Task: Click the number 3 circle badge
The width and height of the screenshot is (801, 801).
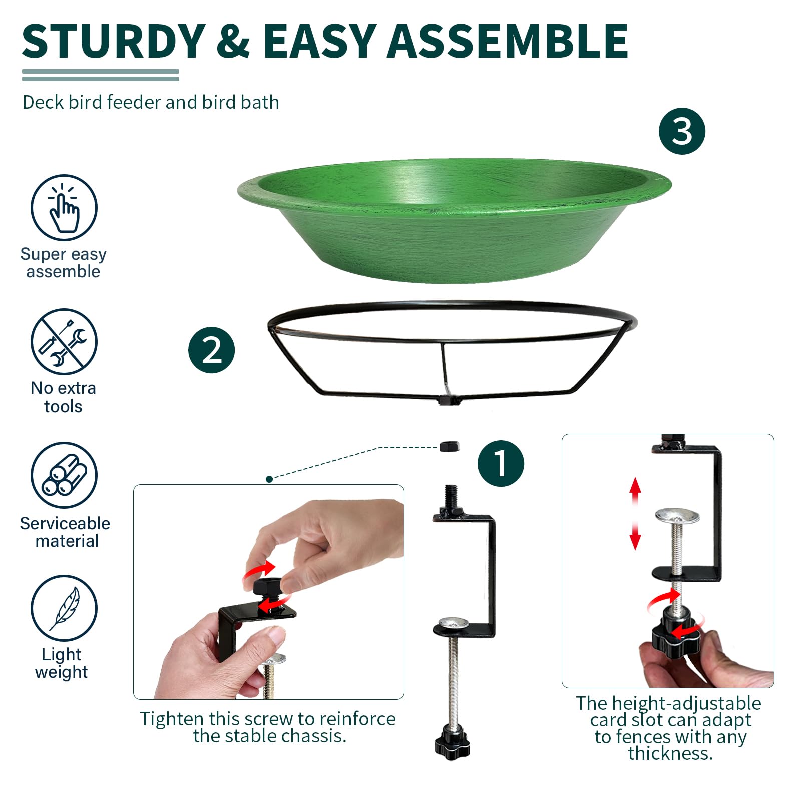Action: click(x=682, y=131)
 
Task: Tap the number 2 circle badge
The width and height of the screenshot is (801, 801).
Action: click(x=211, y=350)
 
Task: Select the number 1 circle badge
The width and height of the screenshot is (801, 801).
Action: click(x=501, y=463)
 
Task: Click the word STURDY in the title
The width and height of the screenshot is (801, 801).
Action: click(x=114, y=41)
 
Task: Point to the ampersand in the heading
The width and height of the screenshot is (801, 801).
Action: click(x=233, y=41)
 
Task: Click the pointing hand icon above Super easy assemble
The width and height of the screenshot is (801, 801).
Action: click(x=64, y=207)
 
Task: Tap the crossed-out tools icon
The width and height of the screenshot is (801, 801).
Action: click(x=64, y=341)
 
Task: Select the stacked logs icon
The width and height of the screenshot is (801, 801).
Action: click(x=64, y=475)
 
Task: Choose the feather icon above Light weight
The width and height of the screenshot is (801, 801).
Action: click(x=64, y=608)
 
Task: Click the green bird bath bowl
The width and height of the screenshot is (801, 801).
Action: click(x=454, y=220)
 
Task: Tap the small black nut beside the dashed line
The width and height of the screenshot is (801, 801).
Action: click(x=449, y=446)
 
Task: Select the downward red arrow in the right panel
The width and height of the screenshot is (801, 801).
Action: click(x=635, y=536)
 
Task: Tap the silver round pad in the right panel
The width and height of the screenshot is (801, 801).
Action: click(x=677, y=516)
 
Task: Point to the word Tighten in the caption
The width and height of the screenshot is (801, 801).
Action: click(x=172, y=719)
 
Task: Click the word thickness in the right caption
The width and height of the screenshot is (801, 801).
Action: click(x=670, y=753)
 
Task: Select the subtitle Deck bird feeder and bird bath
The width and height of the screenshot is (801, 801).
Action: click(x=151, y=102)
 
